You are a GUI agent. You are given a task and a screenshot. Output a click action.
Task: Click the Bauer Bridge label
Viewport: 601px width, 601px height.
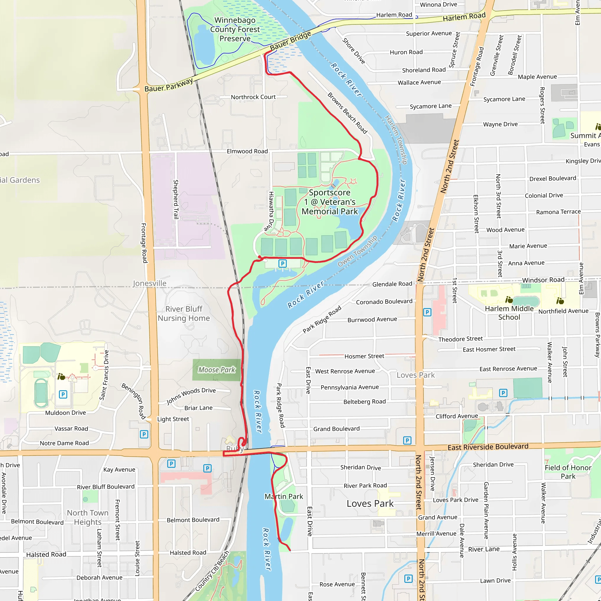290,41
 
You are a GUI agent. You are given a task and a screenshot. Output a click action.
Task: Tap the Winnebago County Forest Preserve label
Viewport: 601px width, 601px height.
235,29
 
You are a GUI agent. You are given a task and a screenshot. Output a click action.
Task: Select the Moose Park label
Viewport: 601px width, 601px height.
217,370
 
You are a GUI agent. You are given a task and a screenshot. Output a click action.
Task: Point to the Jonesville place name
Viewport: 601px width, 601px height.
150,283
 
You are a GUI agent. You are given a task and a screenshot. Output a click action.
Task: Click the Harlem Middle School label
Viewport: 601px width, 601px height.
509,313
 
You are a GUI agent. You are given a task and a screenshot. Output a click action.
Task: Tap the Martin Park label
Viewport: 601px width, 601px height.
284,497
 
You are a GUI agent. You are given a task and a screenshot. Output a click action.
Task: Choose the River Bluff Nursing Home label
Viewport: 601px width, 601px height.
184,314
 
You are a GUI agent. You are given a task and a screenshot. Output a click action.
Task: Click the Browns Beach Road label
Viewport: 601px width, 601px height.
347,113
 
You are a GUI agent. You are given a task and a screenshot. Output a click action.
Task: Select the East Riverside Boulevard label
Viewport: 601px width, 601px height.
488,447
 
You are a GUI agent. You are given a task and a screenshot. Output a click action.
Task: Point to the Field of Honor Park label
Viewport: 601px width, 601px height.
568,472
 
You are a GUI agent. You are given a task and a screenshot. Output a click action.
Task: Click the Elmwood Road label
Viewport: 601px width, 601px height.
247,151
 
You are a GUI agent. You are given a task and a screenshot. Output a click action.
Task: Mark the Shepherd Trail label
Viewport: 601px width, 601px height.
176,199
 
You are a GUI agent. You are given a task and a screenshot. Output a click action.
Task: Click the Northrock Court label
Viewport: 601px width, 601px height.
253,97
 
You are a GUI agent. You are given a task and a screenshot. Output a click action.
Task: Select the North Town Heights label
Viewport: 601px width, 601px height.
88,517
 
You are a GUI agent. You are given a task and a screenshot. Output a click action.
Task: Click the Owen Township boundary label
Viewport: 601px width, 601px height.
357,251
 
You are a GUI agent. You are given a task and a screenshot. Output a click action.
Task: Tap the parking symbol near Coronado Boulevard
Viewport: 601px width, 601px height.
427,312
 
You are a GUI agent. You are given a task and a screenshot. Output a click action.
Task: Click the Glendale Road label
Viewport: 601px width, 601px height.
392,284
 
